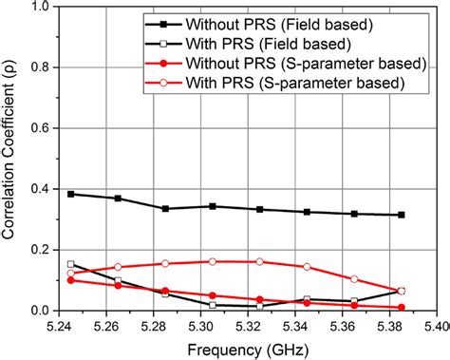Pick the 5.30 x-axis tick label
(212, 324)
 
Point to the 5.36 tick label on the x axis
(354, 324)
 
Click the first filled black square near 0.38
(71, 194)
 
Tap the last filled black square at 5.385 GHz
(402, 215)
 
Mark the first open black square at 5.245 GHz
(71, 264)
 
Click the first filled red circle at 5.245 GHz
(71, 280)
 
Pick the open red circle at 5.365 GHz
(354, 279)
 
